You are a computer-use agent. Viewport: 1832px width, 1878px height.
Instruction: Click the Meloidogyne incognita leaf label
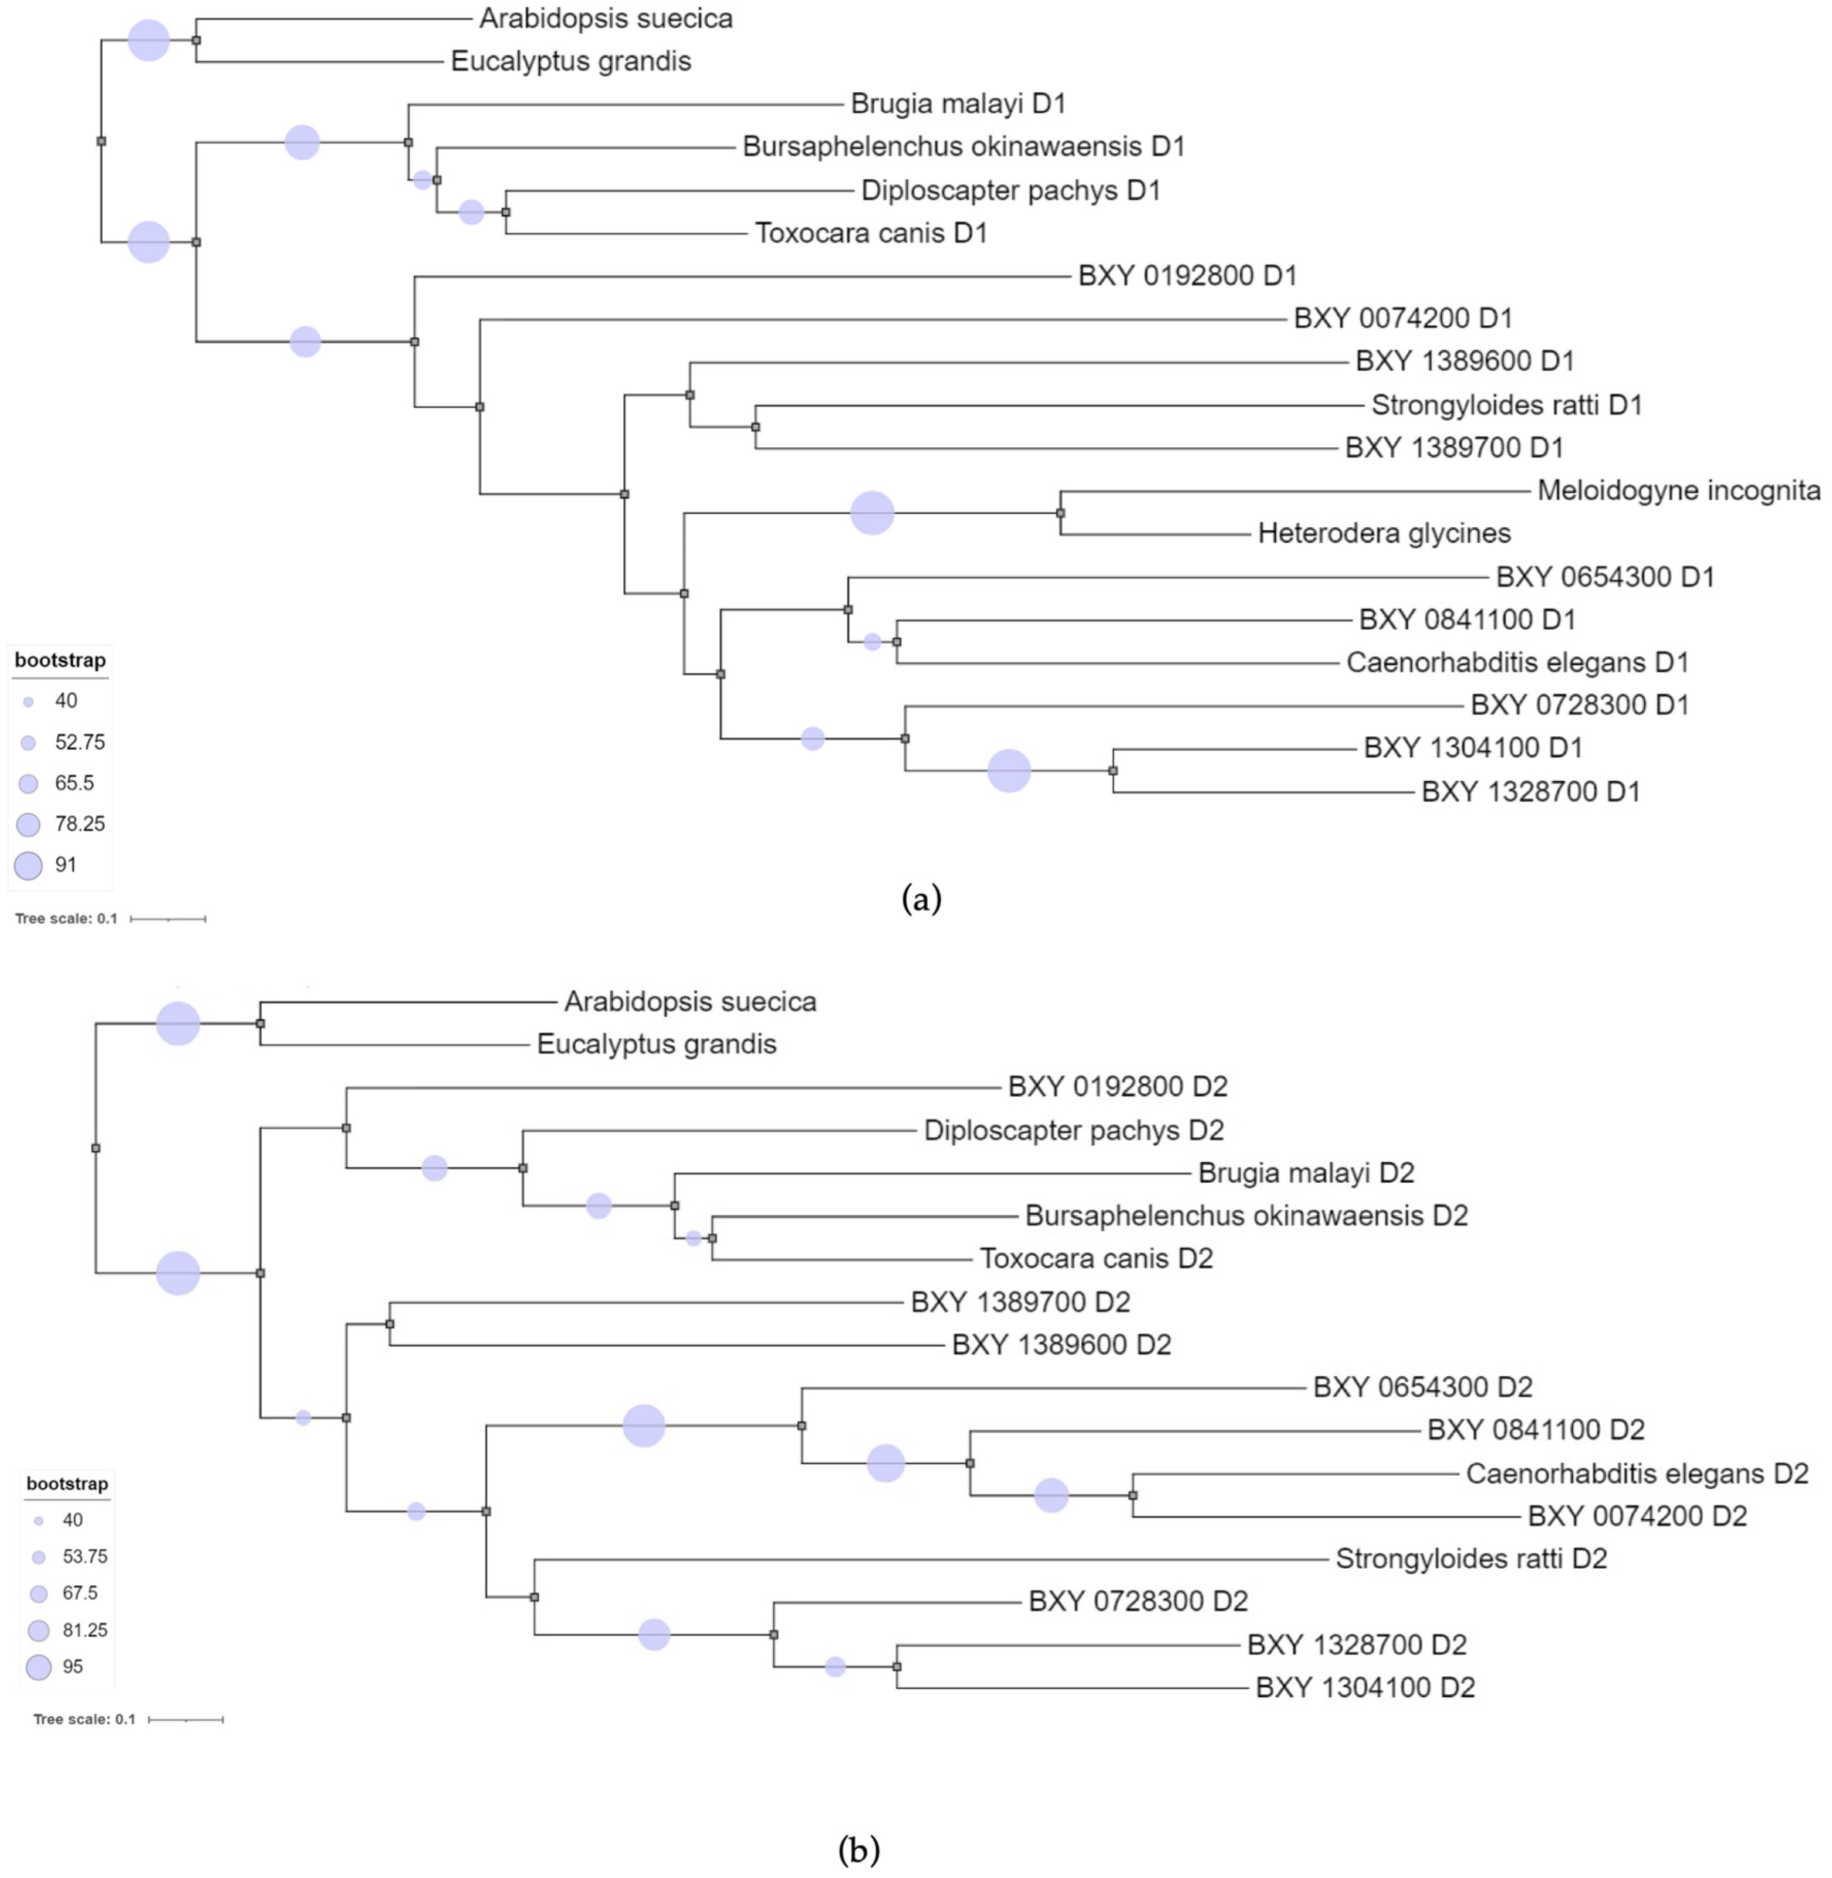pos(1678,491)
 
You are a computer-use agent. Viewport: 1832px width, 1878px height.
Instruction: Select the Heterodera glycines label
pos(1384,533)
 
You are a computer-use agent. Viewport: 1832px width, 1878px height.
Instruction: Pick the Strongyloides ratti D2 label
pos(1470,1558)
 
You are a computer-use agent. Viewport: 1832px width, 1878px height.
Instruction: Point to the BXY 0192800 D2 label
pos(1117,1086)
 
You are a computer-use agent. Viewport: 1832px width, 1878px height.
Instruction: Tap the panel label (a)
pos(921,899)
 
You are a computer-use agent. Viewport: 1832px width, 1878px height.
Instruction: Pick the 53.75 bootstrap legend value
pos(85,1556)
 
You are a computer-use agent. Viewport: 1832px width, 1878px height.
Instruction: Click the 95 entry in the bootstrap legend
pos(72,1666)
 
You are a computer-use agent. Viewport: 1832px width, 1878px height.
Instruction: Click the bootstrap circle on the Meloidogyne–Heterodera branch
pos(872,513)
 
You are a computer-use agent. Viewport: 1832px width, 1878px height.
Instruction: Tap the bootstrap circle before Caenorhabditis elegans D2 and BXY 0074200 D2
pos(1051,1495)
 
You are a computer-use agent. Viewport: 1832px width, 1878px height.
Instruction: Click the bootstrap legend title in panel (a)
pos(60,660)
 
